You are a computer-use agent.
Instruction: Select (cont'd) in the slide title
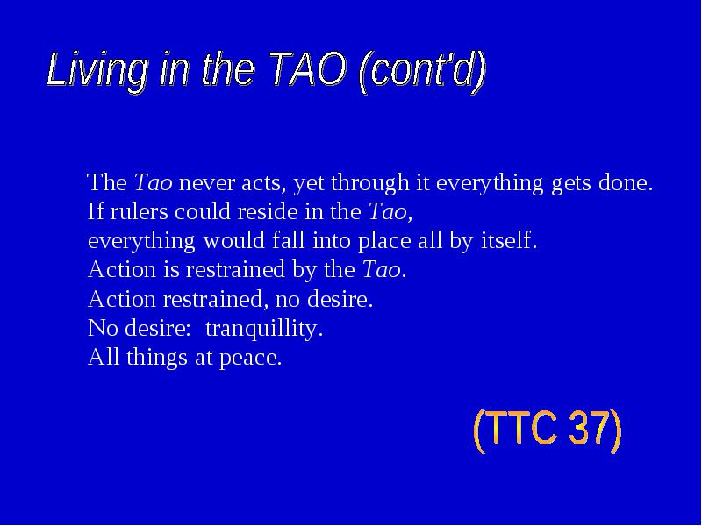coord(422,72)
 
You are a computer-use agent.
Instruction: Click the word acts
coord(263,184)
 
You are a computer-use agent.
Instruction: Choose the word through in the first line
coord(369,184)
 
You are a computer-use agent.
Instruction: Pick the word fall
coord(289,240)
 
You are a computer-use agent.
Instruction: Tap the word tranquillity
coord(264,329)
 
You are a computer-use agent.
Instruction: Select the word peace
coord(251,359)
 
